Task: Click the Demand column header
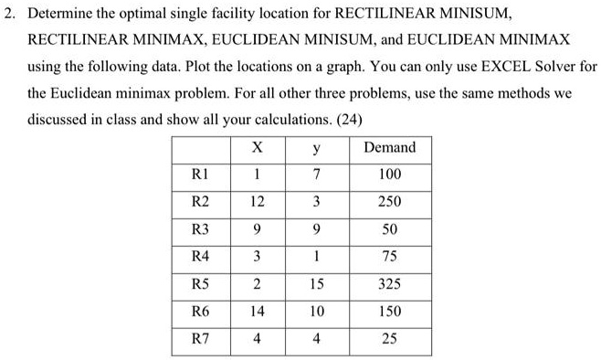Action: tap(389, 147)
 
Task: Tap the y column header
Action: tap(311, 147)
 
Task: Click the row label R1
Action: tap(197, 174)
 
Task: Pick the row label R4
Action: tap(197, 257)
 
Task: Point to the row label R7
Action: tap(197, 340)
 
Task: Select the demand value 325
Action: tap(389, 284)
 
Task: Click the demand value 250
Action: tap(389, 201)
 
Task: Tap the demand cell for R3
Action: tap(389, 228)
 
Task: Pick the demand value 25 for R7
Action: tap(389, 340)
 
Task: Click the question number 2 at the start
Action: tap(8, 15)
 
